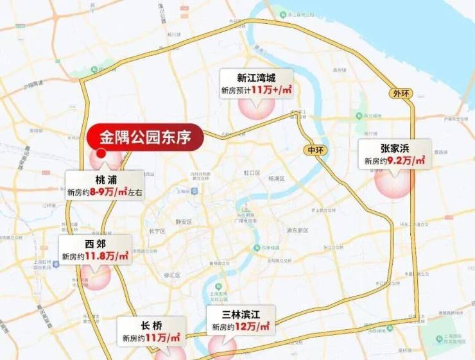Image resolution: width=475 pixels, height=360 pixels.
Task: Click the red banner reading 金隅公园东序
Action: click(x=145, y=136)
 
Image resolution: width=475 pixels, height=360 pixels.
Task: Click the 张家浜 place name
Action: click(x=394, y=149)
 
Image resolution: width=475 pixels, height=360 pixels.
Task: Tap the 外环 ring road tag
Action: click(x=399, y=93)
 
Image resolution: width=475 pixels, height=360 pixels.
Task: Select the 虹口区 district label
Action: click(x=250, y=173)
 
